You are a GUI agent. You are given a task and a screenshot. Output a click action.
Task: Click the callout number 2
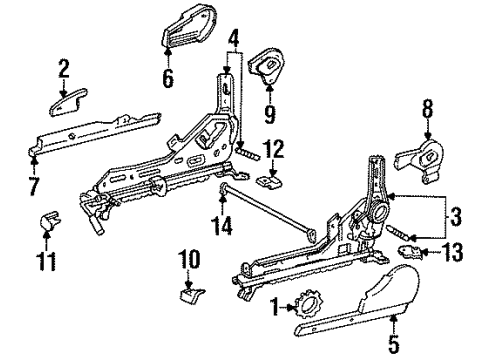[63, 68]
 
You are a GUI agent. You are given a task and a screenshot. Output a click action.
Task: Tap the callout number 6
[168, 78]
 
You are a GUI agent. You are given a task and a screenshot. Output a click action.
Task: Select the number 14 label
[223, 225]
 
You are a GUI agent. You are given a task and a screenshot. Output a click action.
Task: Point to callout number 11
[47, 261]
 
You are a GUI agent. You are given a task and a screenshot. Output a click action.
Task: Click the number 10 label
[189, 259]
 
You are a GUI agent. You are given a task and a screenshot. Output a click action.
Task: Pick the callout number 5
[394, 344]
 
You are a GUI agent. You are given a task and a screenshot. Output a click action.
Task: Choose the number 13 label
[453, 252]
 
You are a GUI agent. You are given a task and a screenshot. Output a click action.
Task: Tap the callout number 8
[428, 108]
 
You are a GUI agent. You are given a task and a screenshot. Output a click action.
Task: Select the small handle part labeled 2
[68, 103]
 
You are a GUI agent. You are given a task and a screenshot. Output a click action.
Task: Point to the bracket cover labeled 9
[268, 67]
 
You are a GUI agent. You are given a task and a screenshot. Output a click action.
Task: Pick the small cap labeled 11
[51, 220]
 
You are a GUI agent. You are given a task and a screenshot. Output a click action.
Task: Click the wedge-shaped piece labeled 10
[192, 295]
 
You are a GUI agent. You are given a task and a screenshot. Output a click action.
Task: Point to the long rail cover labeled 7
[94, 135]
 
